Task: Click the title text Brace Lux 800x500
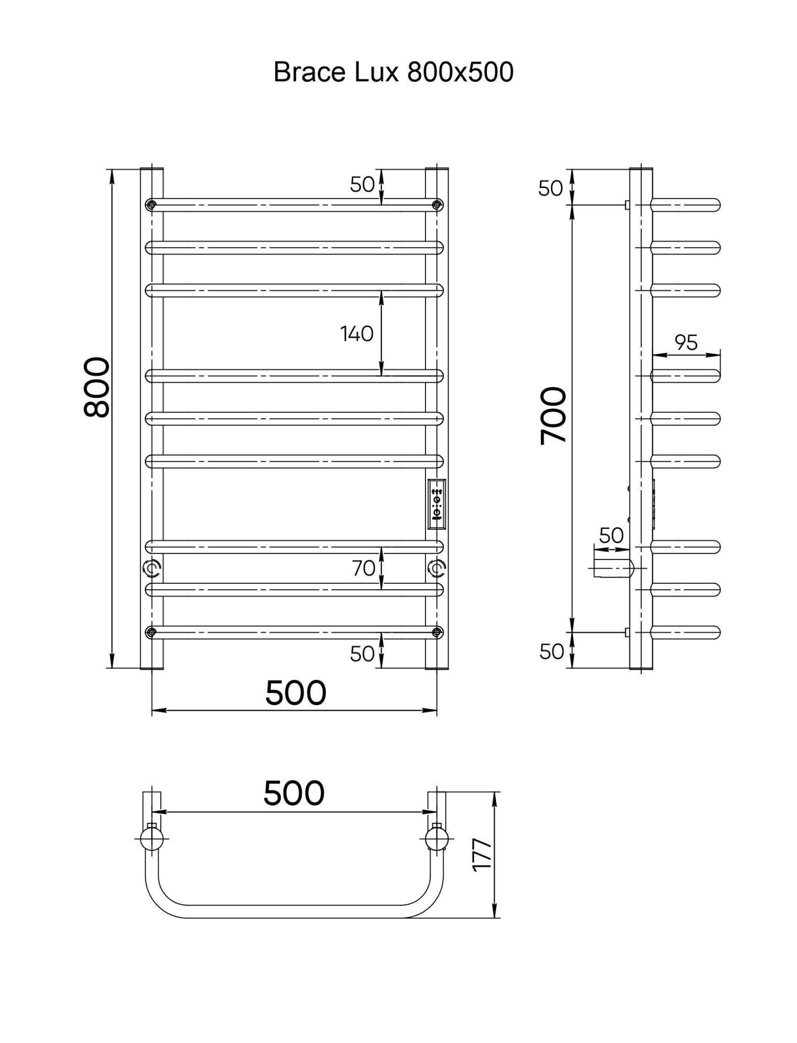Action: (x=393, y=72)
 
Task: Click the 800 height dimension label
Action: (x=96, y=388)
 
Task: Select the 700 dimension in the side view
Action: (x=553, y=415)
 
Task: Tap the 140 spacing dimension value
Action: (x=356, y=333)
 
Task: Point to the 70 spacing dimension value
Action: (x=363, y=568)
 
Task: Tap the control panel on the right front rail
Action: (x=437, y=504)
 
